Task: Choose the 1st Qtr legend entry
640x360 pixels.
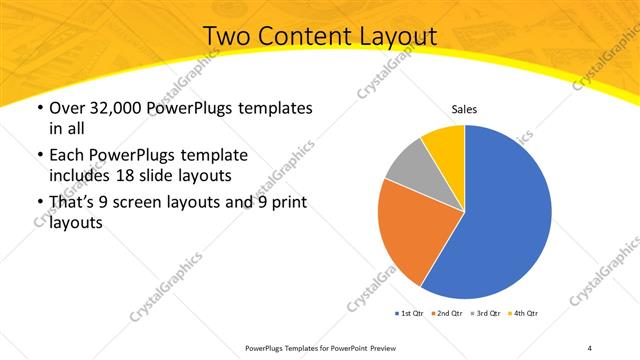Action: [408, 314]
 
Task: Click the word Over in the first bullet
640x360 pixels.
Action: [67, 108]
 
